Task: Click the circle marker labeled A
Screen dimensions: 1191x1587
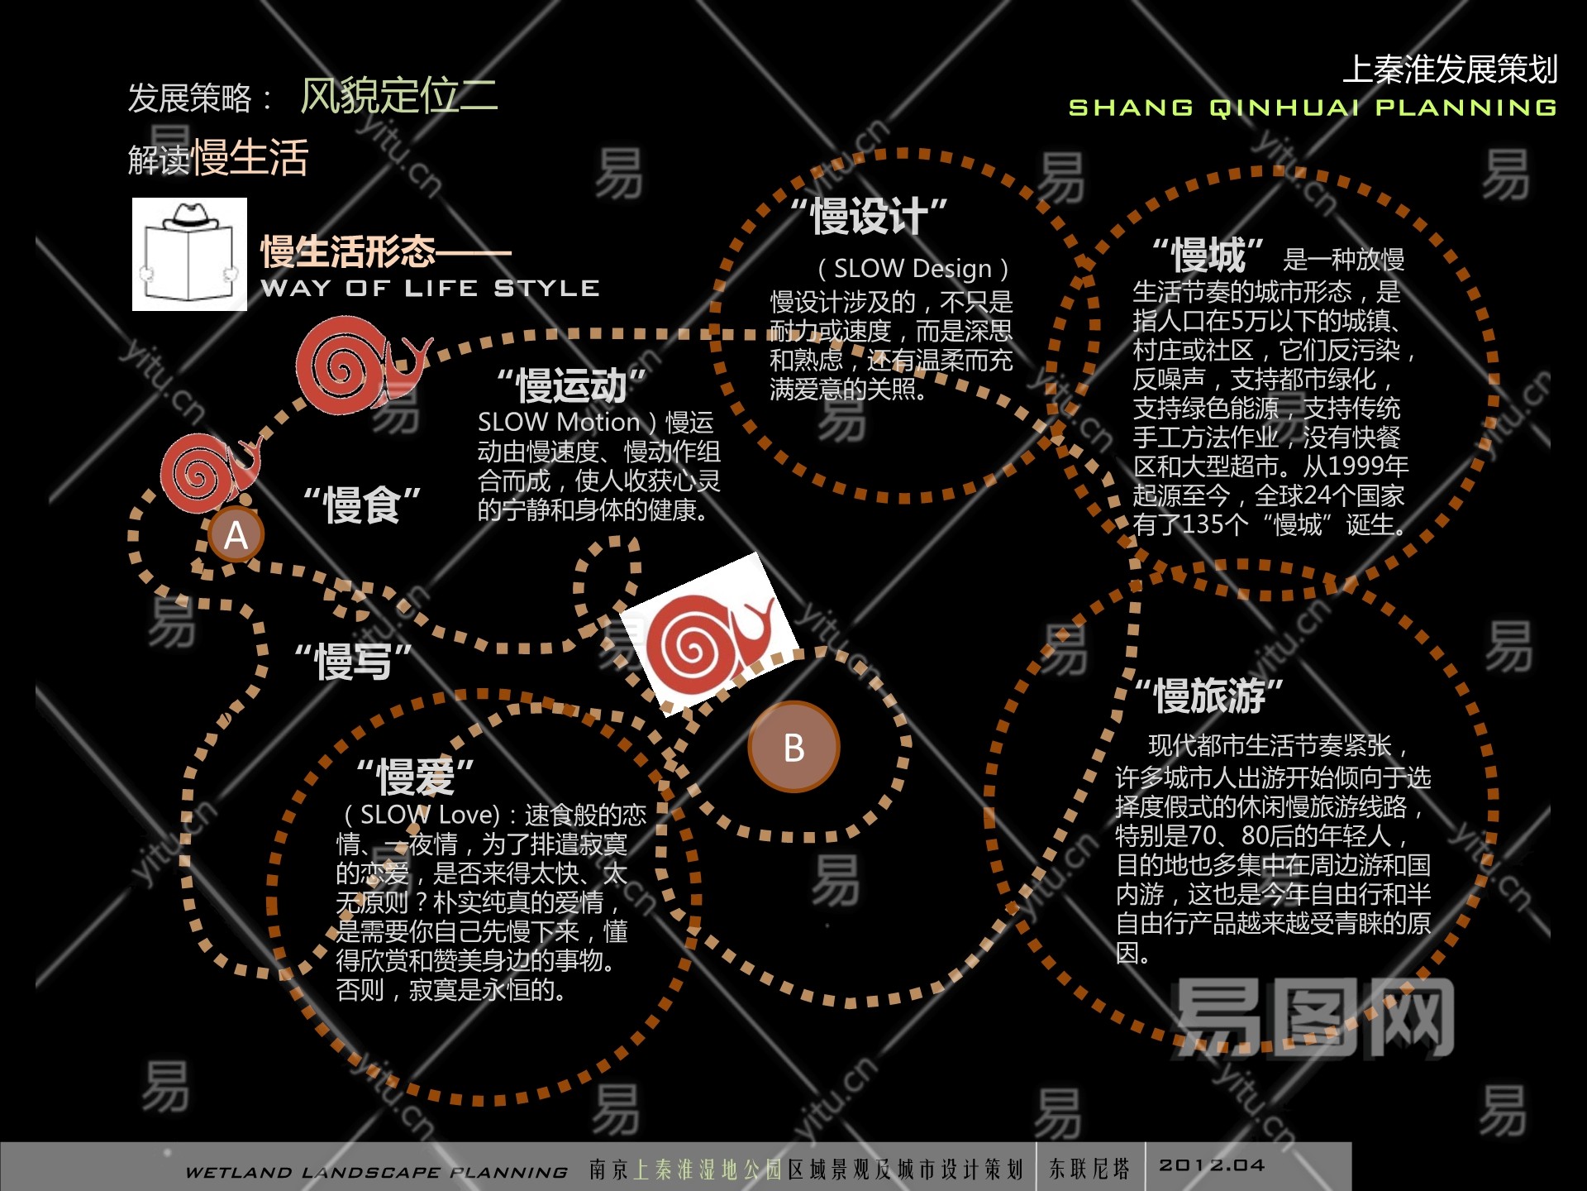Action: (x=236, y=535)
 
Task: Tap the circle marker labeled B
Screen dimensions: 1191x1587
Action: (x=793, y=747)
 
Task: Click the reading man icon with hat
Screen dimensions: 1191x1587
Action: (x=189, y=254)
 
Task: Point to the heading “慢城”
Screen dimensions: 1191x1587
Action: (x=1208, y=255)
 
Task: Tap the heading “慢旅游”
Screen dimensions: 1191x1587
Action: (x=1209, y=696)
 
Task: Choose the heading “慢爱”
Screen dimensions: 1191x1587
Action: (x=415, y=776)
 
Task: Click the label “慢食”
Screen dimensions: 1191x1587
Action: (x=362, y=505)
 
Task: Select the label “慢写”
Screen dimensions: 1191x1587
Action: (x=354, y=662)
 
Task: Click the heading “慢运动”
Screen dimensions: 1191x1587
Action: (x=571, y=385)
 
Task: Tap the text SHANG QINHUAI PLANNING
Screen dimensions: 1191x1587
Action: (x=1313, y=108)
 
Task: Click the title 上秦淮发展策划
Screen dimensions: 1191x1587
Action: (x=1450, y=69)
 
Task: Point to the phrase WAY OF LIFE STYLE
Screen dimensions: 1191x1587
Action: (x=430, y=288)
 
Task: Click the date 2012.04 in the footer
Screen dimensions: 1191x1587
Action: (x=1212, y=1165)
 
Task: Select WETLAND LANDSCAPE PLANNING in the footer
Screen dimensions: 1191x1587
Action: (x=377, y=1172)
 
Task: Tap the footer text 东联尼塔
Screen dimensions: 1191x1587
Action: (x=1089, y=1168)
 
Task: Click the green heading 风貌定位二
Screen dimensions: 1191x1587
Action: (x=398, y=95)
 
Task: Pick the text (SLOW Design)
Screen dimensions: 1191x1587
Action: (x=913, y=269)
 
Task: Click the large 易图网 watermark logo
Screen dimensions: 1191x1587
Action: (x=1314, y=1017)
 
